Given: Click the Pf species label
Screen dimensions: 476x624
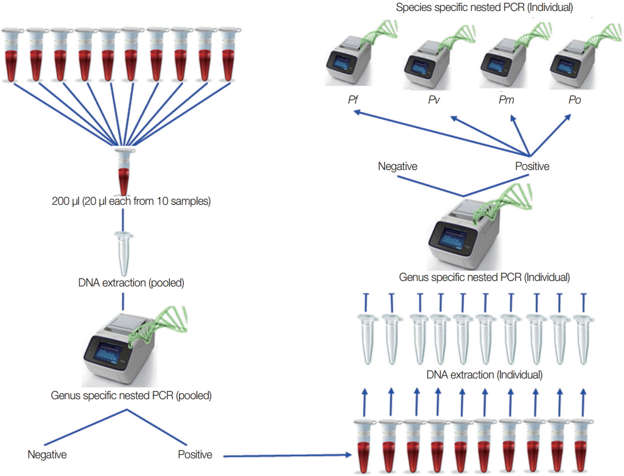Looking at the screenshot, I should tap(352, 100).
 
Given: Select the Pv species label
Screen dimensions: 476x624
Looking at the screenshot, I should tap(434, 100).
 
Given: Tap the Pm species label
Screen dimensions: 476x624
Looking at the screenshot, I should tap(506, 100).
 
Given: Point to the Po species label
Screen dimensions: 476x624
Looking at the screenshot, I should tap(574, 100).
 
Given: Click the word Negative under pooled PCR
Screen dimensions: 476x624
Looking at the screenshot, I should tap(47, 455).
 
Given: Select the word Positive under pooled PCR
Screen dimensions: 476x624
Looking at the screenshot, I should tap(195, 455).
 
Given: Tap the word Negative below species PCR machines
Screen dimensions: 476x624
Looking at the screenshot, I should tap(398, 166).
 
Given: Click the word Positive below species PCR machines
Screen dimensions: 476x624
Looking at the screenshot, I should tap(532, 166).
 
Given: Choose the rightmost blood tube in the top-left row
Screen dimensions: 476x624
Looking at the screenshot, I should tap(228, 55).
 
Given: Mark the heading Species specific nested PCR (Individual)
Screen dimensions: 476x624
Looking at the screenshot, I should tap(484, 8).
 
